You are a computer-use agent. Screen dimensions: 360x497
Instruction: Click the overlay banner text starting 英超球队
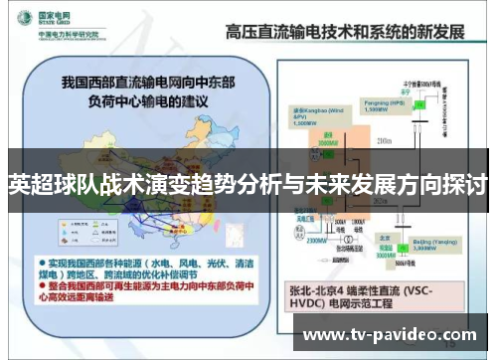[248, 185]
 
